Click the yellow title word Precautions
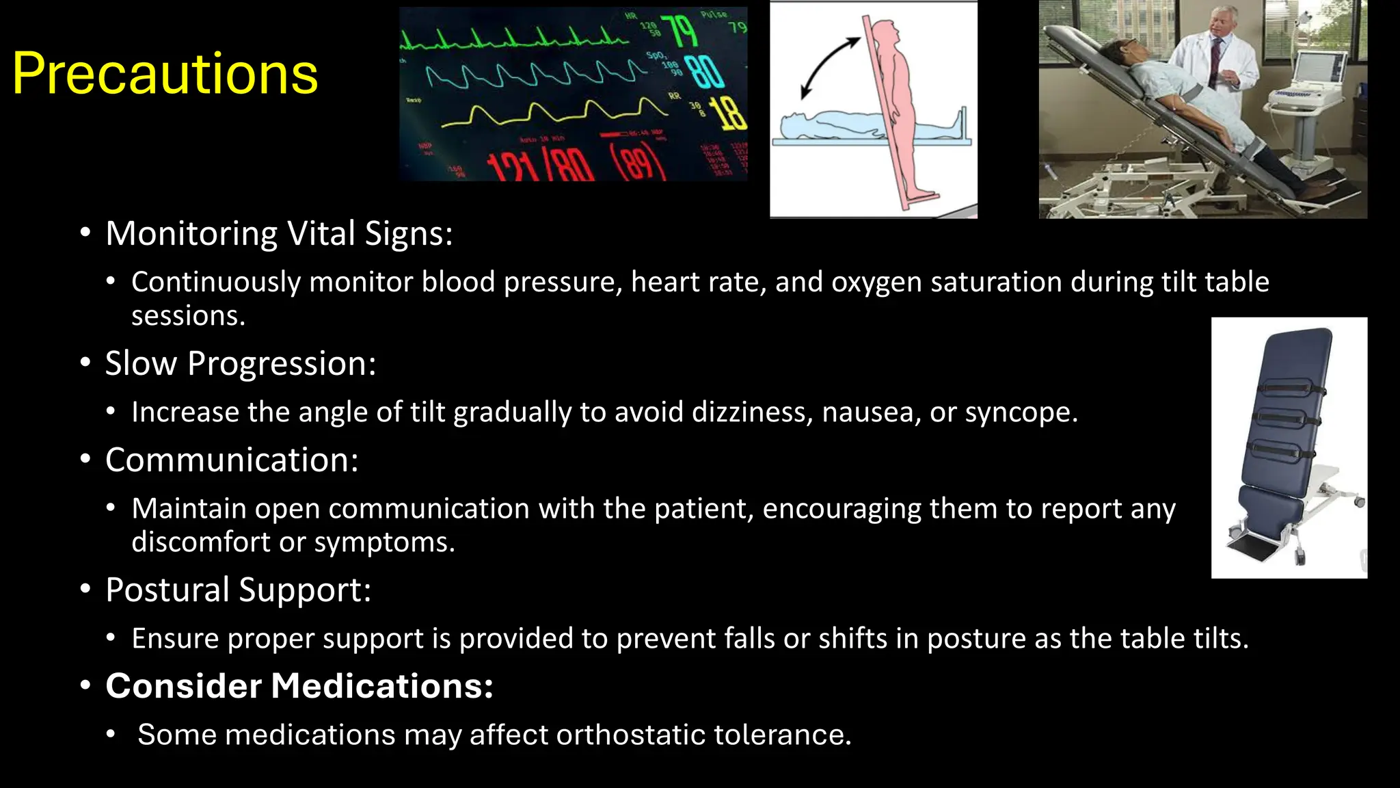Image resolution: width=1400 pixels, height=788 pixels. point(165,74)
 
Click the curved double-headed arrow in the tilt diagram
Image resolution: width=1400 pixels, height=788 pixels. point(829,67)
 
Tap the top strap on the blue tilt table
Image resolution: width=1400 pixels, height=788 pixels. point(1288,391)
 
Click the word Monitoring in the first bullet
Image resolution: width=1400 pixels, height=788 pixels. point(192,233)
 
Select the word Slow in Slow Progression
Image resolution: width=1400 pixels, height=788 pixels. point(141,363)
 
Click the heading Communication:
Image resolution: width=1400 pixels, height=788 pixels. point(232,460)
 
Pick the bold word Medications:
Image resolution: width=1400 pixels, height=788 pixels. point(382,686)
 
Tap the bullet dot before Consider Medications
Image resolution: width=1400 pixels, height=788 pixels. point(85,685)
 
